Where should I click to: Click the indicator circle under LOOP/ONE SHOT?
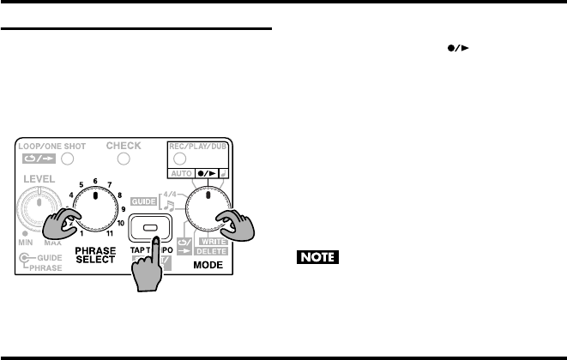(67, 159)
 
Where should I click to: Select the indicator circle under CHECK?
(124, 159)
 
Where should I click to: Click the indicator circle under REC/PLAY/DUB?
(180, 159)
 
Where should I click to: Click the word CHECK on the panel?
(124, 146)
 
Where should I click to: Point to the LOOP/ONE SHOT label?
(48, 147)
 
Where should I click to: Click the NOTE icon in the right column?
(317, 256)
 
